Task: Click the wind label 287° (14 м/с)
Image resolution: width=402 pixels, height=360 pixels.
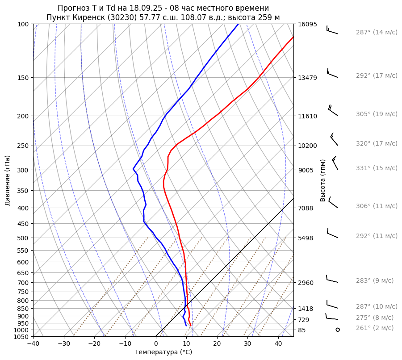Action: pyautogui.click(x=377, y=32)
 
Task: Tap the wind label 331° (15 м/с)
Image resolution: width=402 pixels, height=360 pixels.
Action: pyautogui.click(x=377, y=168)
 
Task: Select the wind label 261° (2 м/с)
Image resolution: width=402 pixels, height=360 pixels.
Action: pyautogui.click(x=375, y=328)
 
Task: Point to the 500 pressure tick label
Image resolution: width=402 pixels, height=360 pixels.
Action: pyautogui.click(x=23, y=238)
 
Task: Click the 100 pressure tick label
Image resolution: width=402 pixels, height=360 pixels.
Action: pyautogui.click(x=23, y=24)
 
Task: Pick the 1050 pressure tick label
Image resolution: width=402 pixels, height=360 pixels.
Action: pyautogui.click(x=21, y=337)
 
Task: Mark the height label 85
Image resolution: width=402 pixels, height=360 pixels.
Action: pyautogui.click(x=302, y=330)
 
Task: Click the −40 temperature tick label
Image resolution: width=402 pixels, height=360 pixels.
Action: pyautogui.click(x=33, y=344)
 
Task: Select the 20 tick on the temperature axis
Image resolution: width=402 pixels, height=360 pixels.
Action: pyautogui.click(x=217, y=344)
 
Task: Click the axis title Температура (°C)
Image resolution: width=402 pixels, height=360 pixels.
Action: pyautogui.click(x=163, y=352)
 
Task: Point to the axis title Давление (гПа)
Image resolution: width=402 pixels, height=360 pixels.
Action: pyautogui.click(x=7, y=180)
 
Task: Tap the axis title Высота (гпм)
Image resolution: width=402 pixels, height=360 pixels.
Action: pyautogui.click(x=323, y=180)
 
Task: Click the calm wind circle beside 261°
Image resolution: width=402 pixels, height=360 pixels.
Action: pyautogui.click(x=337, y=330)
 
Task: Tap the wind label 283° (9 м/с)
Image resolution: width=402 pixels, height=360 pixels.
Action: pyautogui.click(x=375, y=280)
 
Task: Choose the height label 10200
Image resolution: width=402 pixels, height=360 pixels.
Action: pyautogui.click(x=307, y=146)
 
